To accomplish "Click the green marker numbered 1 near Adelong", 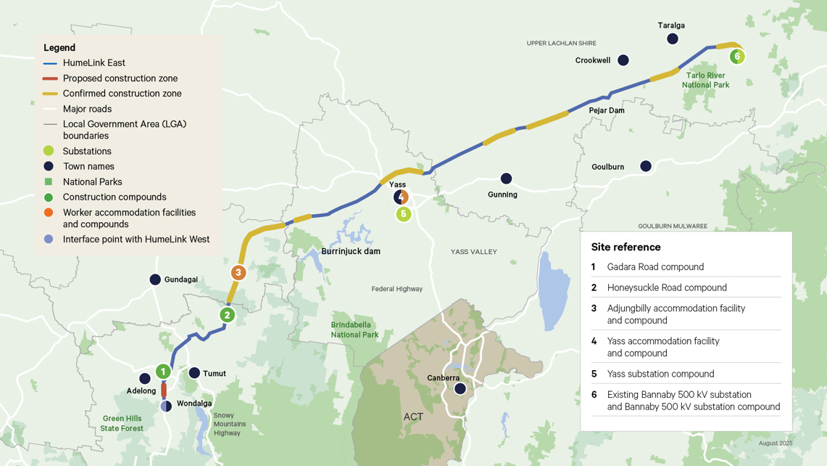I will coord(163,372).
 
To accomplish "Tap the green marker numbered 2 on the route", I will coord(228,315).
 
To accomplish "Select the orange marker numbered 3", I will coord(238,272).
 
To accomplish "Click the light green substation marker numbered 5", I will coord(404,214).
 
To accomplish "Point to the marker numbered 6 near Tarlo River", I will coord(737,56).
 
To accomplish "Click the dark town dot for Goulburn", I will coord(646,166).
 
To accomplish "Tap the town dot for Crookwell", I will coord(623,60).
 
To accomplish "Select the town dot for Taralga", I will coord(673,38).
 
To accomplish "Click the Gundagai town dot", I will coord(155,279).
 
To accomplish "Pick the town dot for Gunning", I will coord(507,179).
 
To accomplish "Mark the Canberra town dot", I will coord(460,389).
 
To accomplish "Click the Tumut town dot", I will coord(194,373).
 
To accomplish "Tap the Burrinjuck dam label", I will coord(351,252).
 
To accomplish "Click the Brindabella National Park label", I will coord(354,330).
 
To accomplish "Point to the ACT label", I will coord(413,417).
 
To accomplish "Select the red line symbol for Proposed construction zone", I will coord(49,78).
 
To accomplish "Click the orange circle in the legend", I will coord(49,213).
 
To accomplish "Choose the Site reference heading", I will coord(626,247).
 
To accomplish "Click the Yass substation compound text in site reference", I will coord(660,374).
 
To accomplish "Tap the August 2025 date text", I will coord(775,443).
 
